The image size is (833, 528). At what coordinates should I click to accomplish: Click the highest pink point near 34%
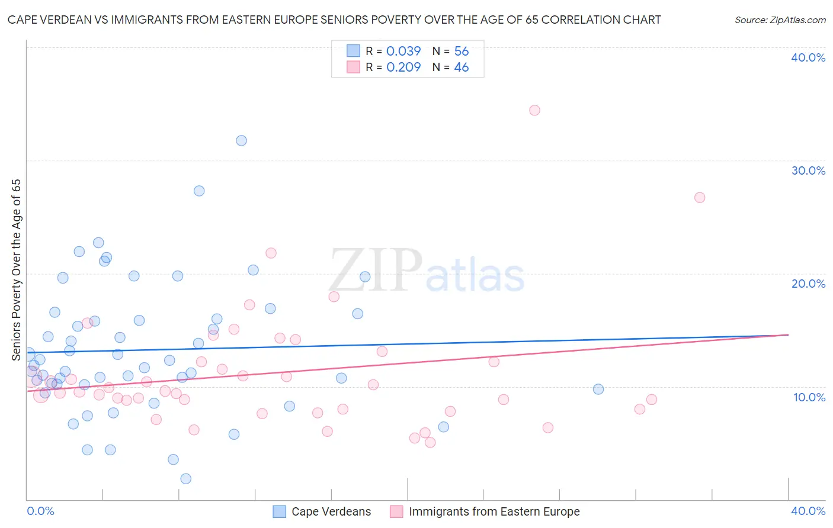coord(534,110)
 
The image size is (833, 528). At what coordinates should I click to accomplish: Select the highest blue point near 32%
coord(241,141)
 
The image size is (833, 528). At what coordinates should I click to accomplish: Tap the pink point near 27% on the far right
coord(700,198)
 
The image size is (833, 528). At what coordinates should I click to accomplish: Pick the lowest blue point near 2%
coord(185,479)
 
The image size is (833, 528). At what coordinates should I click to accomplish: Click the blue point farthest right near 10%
coord(598,389)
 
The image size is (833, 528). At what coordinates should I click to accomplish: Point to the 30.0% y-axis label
coord(808,170)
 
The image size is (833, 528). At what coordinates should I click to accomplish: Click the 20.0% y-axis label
coord(808,284)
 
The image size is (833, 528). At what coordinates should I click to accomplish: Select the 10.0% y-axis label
coord(809,397)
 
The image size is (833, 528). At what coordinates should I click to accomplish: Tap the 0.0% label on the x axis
coord(40,511)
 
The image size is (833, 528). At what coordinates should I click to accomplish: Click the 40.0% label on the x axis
coord(808,511)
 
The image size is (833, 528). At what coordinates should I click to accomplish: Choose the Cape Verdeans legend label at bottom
coord(331,511)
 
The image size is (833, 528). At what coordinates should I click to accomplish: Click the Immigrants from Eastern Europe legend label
coord(494,511)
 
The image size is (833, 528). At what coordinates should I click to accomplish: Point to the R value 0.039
coord(403,51)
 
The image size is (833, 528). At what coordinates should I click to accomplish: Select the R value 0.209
coord(403,67)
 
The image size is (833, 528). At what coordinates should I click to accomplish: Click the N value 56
coord(462,51)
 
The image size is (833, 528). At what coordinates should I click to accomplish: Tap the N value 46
coord(462,67)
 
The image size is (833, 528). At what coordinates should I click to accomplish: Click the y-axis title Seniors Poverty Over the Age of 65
coord(17,269)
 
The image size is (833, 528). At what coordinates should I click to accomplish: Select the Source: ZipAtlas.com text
coord(780,20)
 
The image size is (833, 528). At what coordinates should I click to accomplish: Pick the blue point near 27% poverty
coord(199,191)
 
